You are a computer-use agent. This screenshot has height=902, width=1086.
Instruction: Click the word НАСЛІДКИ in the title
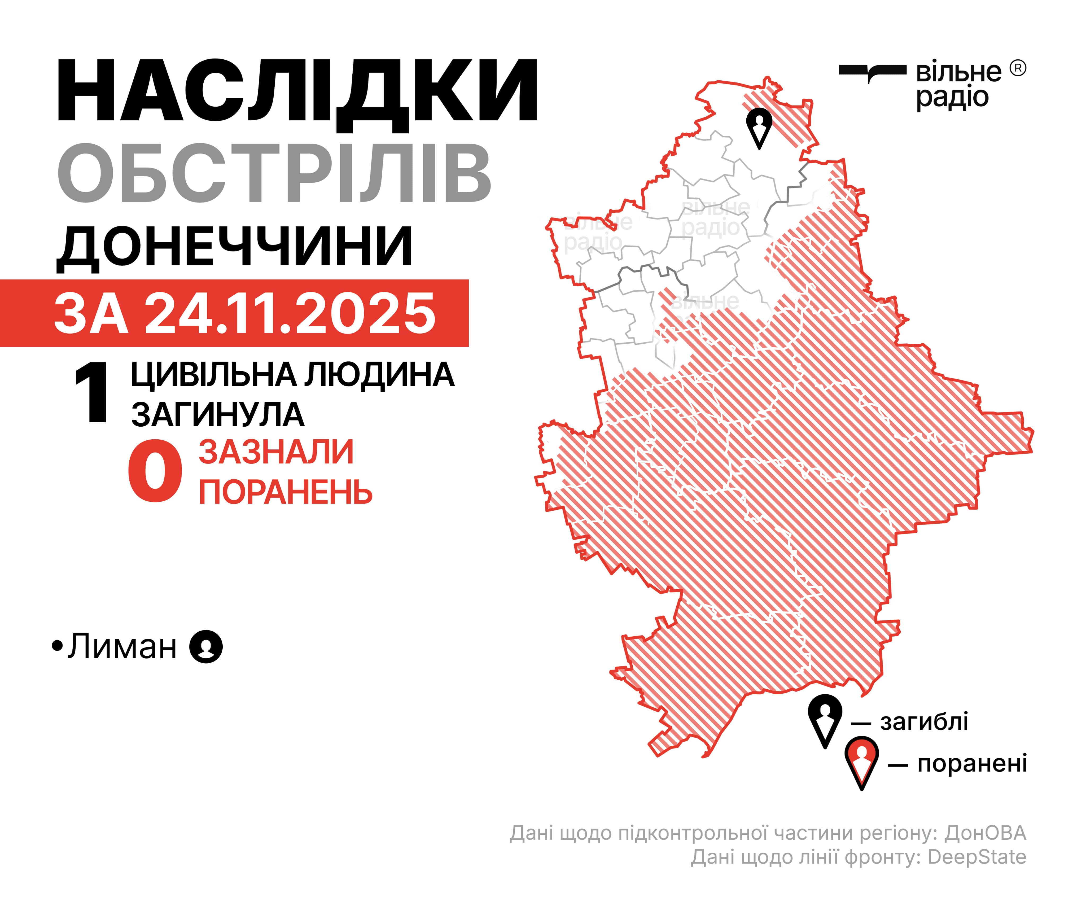point(297,91)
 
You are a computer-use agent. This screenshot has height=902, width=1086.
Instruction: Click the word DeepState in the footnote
point(976,857)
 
